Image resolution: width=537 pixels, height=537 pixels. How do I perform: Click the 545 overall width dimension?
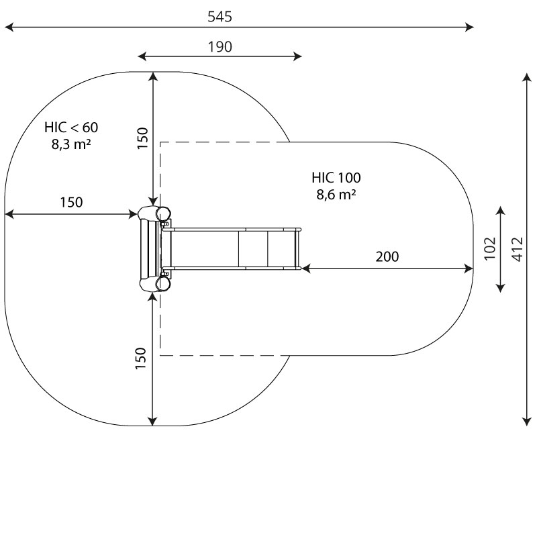point(220,16)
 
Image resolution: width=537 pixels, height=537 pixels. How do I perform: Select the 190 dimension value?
point(220,46)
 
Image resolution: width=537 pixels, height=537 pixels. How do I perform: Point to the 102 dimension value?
point(491,248)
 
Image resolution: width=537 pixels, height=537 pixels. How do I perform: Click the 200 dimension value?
point(387,256)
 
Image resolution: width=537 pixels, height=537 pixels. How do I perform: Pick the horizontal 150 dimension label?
point(71,203)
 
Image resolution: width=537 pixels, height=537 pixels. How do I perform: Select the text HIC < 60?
point(71,128)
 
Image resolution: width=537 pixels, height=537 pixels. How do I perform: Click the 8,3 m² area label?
point(71,144)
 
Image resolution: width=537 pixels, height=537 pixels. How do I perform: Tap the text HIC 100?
point(336,178)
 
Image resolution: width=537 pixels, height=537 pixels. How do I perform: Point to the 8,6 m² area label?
point(336,195)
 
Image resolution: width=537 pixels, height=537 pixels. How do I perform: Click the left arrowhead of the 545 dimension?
point(9,27)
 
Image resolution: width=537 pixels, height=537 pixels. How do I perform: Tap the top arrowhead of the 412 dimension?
point(527,77)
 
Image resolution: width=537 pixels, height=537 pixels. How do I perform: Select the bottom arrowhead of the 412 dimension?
point(527,422)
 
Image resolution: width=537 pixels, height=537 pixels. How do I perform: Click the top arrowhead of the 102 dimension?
point(501,210)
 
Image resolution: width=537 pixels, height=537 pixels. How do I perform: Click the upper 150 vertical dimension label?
point(142,138)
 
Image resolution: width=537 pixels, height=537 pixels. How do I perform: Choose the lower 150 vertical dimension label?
point(141,358)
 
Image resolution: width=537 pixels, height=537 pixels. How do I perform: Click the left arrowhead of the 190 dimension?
point(142,56)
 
